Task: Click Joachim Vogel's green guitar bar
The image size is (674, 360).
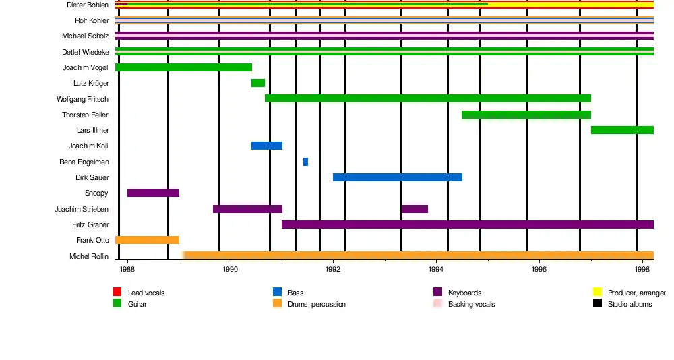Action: pos(183,67)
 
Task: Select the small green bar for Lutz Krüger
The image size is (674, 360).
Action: pos(258,83)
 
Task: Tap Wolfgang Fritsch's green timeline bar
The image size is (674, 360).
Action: pos(428,98)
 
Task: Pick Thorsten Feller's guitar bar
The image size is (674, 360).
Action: pos(526,115)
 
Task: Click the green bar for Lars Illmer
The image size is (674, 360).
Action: pos(622,130)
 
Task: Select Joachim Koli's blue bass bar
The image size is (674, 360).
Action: pos(267,146)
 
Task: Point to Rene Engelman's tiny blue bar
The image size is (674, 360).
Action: pos(305,162)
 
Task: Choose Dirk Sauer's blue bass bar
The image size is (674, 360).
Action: pos(398,177)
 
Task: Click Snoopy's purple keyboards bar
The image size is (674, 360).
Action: pos(153,193)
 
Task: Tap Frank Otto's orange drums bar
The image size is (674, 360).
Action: pos(147,240)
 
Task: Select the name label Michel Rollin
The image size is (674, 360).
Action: pos(89,256)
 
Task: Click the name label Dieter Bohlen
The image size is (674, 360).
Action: pos(88,5)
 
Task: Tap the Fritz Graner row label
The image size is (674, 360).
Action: pos(90,224)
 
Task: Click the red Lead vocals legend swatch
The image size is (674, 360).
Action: pos(117,292)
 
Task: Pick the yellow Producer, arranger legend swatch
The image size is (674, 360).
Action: pos(597,292)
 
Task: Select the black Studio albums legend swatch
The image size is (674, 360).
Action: pos(597,303)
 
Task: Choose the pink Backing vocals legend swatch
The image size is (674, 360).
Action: pos(437,303)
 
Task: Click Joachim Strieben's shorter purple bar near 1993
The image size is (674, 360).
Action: pos(414,209)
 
